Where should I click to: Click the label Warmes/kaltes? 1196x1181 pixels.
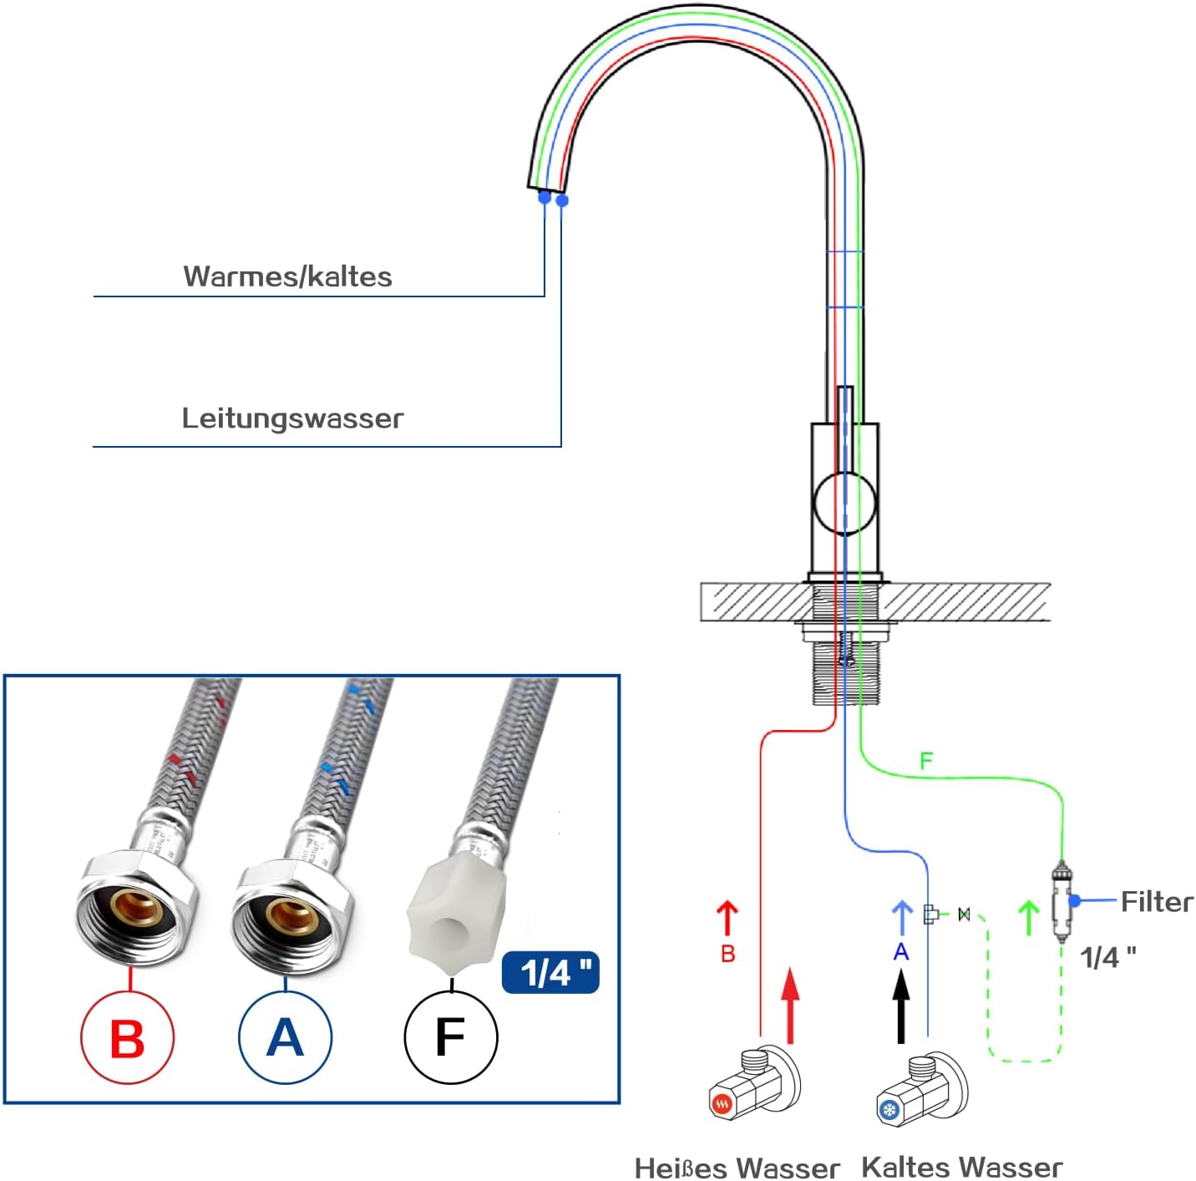click(287, 276)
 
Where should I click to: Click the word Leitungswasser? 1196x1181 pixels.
click(292, 418)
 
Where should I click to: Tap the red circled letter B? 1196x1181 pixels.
click(127, 1038)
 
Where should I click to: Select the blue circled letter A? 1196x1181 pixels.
click(285, 1037)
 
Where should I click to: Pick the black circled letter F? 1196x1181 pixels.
click(450, 1037)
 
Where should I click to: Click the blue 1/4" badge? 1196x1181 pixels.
click(550, 972)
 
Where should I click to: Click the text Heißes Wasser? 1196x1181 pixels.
click(737, 1168)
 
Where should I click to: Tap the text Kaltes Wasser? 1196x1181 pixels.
click(961, 1167)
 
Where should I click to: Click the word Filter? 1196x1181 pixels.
click(1157, 901)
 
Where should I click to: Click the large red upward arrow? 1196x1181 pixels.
click(790, 1006)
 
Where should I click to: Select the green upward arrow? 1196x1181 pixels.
click(1029, 917)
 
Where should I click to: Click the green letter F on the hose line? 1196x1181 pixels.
click(925, 761)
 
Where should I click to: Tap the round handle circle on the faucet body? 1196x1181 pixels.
click(844, 503)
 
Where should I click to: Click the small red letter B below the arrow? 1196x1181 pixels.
click(727, 954)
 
